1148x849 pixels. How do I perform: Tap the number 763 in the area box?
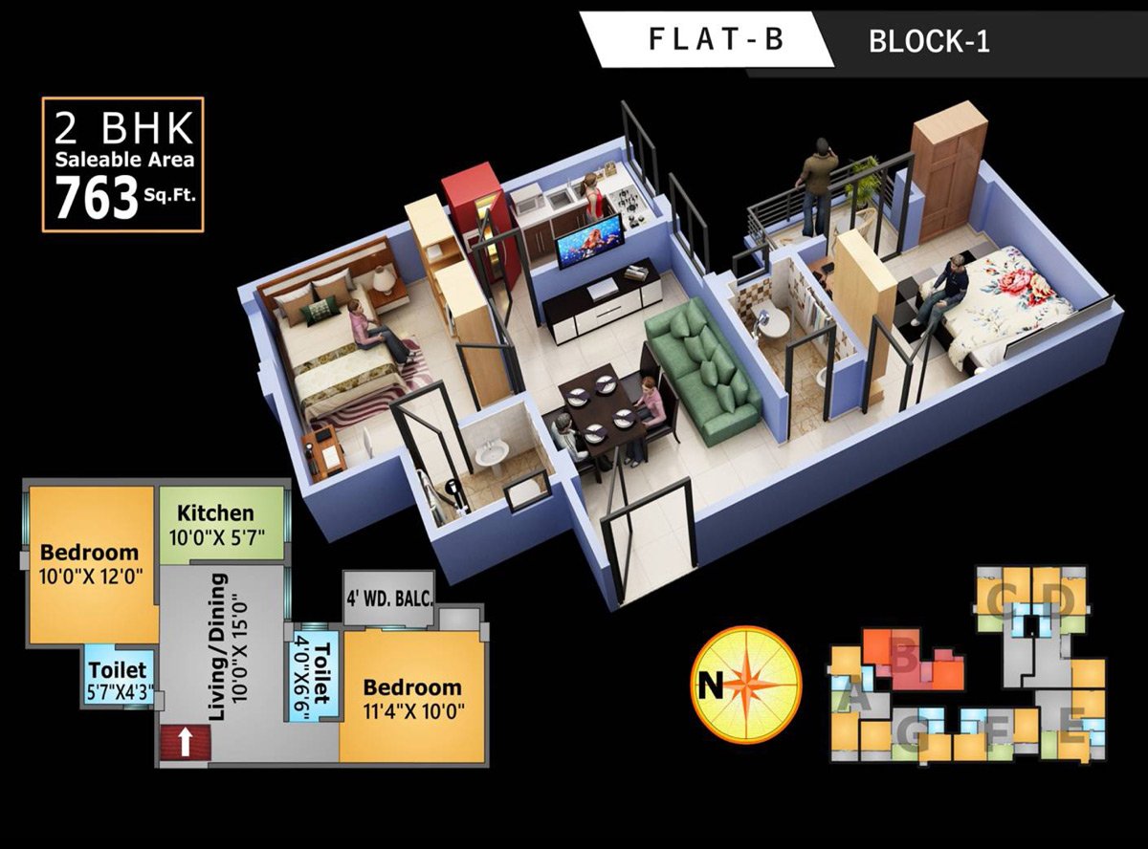tap(97, 199)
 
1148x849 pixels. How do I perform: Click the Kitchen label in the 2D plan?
tap(216, 513)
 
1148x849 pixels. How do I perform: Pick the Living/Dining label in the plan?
tap(218, 646)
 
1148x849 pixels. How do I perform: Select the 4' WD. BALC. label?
tap(389, 599)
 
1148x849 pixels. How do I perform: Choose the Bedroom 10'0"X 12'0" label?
tap(89, 563)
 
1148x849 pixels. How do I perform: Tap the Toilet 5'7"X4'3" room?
tap(117, 678)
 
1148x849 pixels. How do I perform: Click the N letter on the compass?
tap(710, 685)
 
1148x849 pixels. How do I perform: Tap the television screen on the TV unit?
tap(589, 241)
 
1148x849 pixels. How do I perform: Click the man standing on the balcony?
tap(816, 185)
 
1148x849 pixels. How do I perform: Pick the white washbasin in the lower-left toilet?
tap(494, 453)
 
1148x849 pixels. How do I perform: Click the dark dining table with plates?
tap(603, 405)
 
